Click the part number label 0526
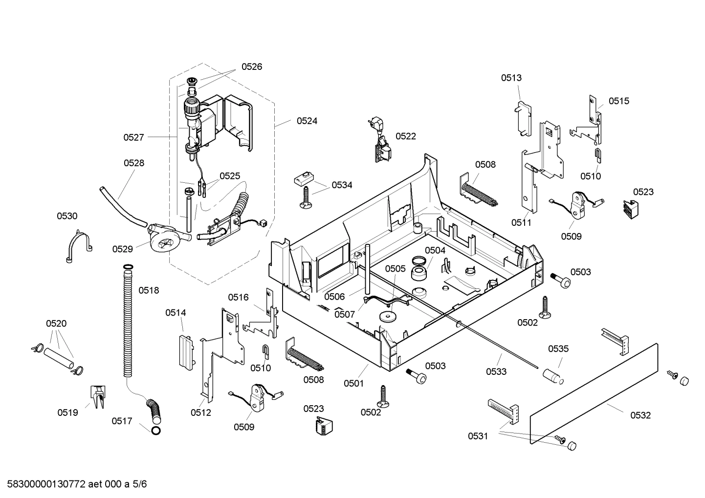(x=251, y=67)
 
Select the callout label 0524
(x=307, y=121)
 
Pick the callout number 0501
(x=353, y=384)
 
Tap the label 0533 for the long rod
(x=496, y=372)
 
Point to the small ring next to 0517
(x=156, y=431)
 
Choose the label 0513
(x=511, y=78)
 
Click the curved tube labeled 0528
(x=121, y=205)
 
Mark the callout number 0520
(x=56, y=324)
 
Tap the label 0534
(x=342, y=185)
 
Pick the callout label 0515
(x=618, y=101)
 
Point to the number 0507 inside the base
(x=345, y=315)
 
